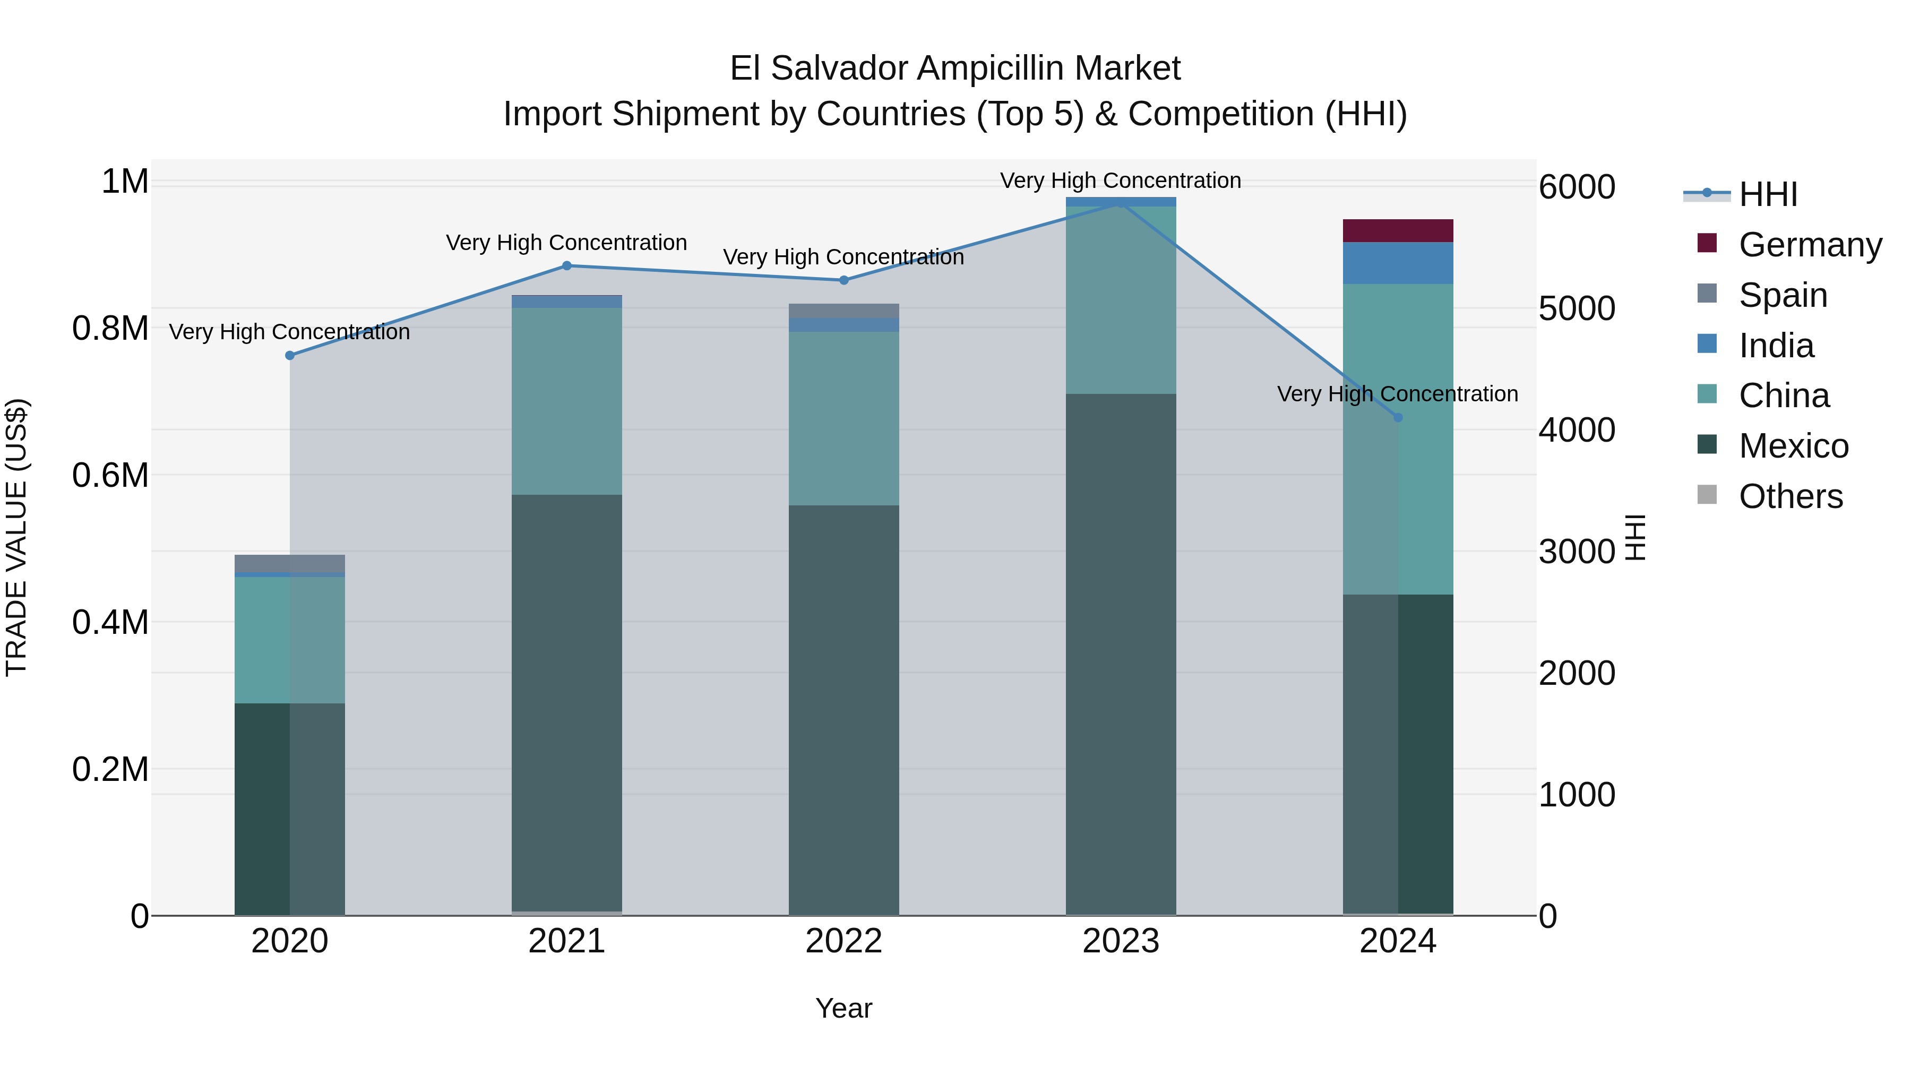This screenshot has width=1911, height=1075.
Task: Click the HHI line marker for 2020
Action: tap(290, 355)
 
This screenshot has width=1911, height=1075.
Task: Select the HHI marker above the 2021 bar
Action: tap(567, 265)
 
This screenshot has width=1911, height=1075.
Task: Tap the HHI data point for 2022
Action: tap(843, 280)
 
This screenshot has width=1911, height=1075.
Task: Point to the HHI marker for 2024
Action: tap(1398, 418)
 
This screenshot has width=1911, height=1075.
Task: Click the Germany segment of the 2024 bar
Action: tap(1398, 231)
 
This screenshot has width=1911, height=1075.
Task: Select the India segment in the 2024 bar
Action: tap(1398, 263)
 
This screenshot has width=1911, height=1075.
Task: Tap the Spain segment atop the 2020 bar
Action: tap(290, 563)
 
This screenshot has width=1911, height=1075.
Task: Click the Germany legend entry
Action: tap(1810, 244)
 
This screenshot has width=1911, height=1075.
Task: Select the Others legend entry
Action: tap(1790, 496)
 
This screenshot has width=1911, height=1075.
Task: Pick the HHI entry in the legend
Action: tap(1767, 194)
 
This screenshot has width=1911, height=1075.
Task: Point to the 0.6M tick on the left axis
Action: tap(110, 475)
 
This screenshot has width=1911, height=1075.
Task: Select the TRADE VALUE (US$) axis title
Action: tap(16, 537)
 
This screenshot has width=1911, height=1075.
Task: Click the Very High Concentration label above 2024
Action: tap(1398, 393)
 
